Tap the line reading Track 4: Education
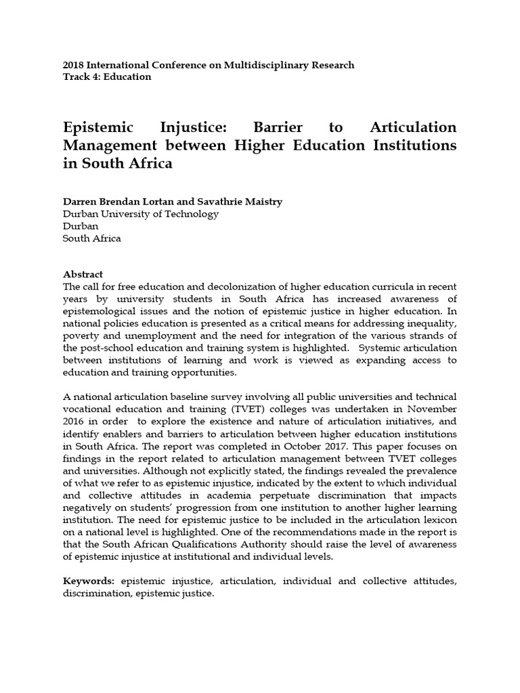pos(107,77)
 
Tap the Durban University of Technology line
pos(141,215)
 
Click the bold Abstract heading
pos(83,275)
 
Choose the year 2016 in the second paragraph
pos(74,421)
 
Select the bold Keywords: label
pos(89,582)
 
